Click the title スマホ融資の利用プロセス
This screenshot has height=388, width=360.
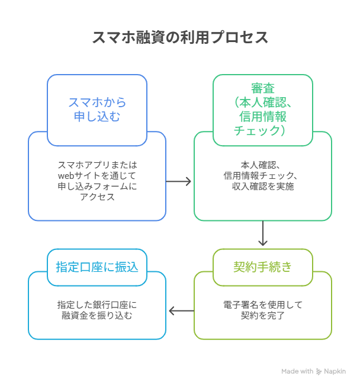pos(180,37)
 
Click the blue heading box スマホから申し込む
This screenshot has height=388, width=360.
pos(97,110)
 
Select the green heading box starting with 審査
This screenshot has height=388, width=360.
pos(262,110)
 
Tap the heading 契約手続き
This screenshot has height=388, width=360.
pos(262,267)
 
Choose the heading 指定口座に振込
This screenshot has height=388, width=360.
pos(97,267)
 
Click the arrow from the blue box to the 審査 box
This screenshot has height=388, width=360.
pos(179,181)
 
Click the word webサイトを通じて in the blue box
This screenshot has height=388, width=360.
pos(97,176)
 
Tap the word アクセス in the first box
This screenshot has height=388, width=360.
pos(97,197)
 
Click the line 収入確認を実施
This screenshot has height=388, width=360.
pos(263,187)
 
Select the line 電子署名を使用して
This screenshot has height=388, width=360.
pos(263,305)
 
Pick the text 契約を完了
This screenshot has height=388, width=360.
pos(263,316)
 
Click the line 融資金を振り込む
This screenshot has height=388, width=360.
pos(97,316)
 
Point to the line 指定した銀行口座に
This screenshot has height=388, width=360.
pos(97,305)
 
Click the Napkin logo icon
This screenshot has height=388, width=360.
pos(320,371)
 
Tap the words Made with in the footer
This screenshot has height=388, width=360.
pos(297,371)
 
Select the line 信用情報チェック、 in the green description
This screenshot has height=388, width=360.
pos(263,176)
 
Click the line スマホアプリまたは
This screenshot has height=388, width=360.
pos(97,165)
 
